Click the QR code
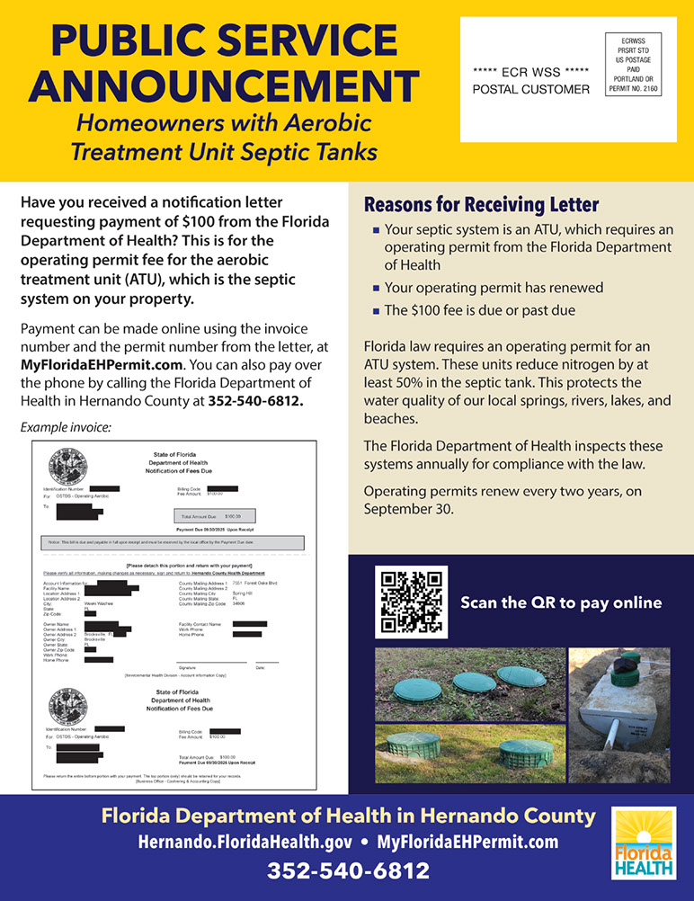coord(411,602)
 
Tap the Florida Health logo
coord(644,843)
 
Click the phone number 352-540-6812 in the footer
coord(348,870)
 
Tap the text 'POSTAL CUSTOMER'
coord(531,89)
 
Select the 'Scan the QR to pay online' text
coord(561,602)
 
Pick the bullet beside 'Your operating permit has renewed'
coord(377,289)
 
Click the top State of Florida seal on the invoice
coord(67,466)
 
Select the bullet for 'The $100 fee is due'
coord(377,311)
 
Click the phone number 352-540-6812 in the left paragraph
coord(256,400)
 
